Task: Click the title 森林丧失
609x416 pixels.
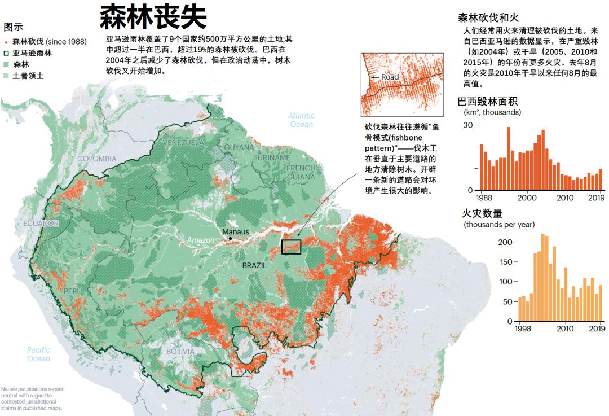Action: tap(153, 17)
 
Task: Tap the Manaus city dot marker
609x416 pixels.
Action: tap(231, 239)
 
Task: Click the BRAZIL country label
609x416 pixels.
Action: tap(254, 265)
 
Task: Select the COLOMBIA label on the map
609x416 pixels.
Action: tap(97, 159)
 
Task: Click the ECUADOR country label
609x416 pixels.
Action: tap(41, 224)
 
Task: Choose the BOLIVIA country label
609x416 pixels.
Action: tap(180, 351)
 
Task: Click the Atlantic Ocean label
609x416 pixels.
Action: tap(302, 120)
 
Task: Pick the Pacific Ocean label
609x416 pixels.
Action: tap(38, 354)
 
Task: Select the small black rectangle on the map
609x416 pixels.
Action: tap(291, 247)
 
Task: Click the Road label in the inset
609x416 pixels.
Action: tap(390, 77)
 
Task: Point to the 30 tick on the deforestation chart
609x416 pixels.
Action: tap(469, 124)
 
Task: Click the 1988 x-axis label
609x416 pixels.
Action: tap(483, 198)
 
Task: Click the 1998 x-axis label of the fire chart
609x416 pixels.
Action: tap(522, 329)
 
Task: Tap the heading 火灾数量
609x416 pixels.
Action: tap(482, 213)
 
